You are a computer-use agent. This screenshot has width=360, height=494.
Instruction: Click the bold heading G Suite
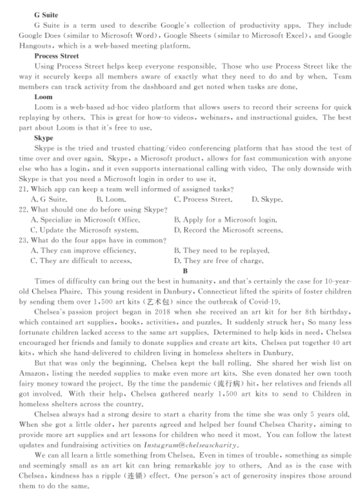tap(46, 15)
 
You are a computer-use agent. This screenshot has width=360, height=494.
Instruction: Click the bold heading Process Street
tap(57, 56)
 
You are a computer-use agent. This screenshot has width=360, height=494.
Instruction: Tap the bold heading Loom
tap(43, 97)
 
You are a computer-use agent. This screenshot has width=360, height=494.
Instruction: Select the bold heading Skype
tap(44, 138)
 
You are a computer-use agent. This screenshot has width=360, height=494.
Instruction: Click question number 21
tap(23, 188)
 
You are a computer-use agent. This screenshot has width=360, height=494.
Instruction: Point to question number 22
tap(23, 210)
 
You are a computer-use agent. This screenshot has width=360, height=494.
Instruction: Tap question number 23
tap(23, 240)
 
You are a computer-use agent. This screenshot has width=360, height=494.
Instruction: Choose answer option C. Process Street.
tap(203, 199)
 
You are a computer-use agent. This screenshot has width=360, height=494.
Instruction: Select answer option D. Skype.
tap(267, 199)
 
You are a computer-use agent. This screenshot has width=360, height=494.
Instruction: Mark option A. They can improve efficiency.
tap(79, 251)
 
